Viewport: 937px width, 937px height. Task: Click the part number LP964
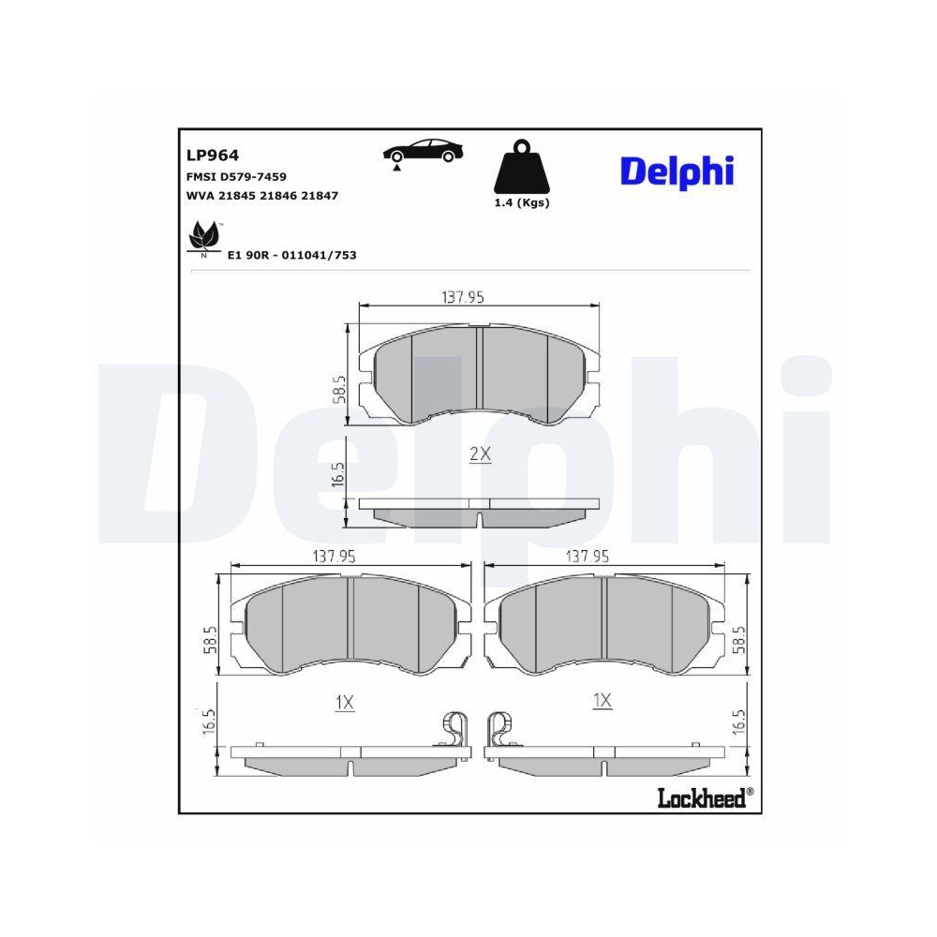(213, 156)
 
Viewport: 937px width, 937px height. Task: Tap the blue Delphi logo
(677, 170)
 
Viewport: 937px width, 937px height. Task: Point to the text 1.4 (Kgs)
(522, 202)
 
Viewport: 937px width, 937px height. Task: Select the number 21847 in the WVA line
(319, 196)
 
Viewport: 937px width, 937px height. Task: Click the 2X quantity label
(480, 454)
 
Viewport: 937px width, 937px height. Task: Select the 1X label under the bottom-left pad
(344, 701)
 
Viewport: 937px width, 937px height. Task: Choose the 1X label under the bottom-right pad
(602, 700)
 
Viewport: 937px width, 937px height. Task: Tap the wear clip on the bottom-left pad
(456, 728)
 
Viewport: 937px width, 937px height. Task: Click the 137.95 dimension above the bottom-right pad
(587, 556)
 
